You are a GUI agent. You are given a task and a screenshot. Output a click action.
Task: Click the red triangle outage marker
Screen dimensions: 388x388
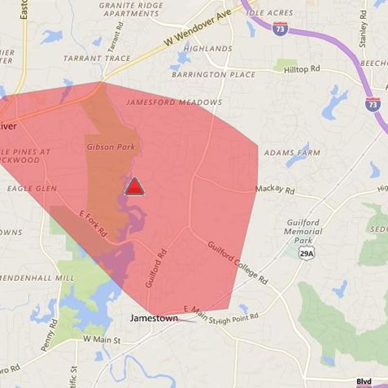click(x=135, y=187)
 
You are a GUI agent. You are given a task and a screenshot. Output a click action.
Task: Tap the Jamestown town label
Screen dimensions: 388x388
click(x=154, y=318)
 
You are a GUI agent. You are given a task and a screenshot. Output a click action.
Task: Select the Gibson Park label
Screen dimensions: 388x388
click(x=111, y=147)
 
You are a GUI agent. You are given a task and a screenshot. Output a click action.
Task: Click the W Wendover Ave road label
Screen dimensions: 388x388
click(x=198, y=28)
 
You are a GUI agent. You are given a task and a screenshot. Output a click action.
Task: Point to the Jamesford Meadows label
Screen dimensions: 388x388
click(x=174, y=102)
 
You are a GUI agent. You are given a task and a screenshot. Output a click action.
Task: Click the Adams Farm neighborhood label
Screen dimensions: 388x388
click(x=292, y=153)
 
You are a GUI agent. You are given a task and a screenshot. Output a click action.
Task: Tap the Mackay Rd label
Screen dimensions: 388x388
click(x=275, y=189)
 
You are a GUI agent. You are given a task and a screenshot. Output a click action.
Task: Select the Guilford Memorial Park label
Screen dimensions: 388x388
click(x=303, y=231)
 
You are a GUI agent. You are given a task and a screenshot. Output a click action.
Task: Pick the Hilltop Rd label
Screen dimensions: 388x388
click(x=302, y=69)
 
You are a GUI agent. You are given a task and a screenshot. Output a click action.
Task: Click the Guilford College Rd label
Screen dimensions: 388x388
click(x=238, y=263)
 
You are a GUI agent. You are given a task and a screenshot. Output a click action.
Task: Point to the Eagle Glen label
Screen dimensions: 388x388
click(x=32, y=189)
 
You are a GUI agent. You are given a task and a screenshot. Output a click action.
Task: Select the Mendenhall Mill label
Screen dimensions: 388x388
click(x=37, y=278)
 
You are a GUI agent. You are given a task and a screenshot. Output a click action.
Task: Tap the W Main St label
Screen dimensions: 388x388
click(x=102, y=339)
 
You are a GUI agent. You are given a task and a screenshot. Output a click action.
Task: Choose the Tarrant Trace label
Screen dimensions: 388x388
click(x=97, y=59)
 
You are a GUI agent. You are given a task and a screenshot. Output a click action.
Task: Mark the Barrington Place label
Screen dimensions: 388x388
click(x=213, y=75)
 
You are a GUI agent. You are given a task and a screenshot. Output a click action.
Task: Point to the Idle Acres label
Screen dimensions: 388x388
click(x=269, y=13)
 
